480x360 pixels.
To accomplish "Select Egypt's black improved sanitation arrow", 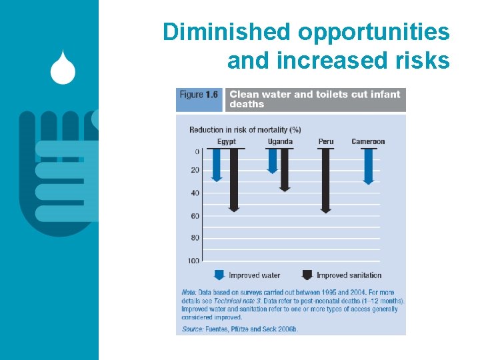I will [234, 180].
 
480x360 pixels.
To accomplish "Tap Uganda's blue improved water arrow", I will [272, 161].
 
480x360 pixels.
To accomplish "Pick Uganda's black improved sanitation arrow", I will [285, 170].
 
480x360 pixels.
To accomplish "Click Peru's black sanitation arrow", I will [325, 181].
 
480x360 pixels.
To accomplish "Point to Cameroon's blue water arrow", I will [368, 166].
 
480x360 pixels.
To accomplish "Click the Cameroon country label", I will [368, 141].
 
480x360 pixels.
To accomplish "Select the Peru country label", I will [325, 141].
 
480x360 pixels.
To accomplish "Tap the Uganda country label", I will [280, 141].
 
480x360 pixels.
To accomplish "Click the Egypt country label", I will [226, 141].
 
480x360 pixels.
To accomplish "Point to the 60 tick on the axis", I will [195, 216].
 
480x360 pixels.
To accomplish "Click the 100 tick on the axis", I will [193, 260].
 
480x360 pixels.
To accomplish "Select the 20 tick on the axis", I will [195, 170].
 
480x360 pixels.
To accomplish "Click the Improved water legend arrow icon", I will [219, 275].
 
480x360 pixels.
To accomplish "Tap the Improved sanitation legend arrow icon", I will [307, 275].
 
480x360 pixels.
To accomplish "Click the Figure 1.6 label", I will [199, 95].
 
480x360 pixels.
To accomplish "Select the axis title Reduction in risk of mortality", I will [245, 129].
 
